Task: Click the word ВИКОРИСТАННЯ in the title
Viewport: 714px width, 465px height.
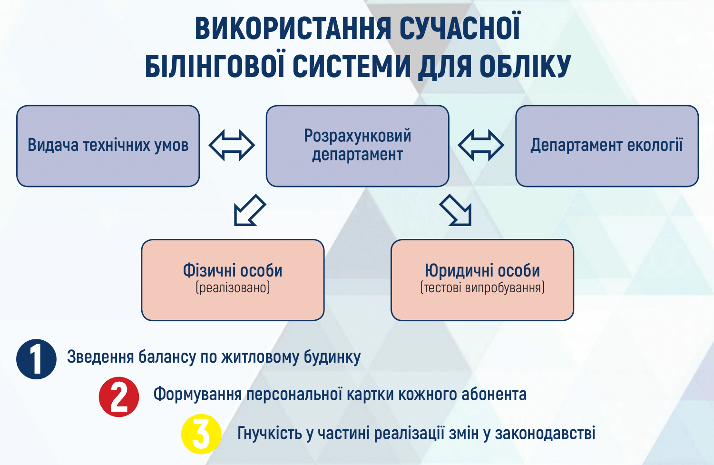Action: tap(293, 29)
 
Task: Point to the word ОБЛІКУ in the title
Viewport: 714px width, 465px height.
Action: tap(525, 66)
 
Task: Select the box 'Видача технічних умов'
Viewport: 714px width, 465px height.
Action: tap(108, 146)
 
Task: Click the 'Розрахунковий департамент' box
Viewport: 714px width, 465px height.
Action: tap(358, 146)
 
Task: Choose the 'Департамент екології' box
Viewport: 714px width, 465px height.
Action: tap(607, 146)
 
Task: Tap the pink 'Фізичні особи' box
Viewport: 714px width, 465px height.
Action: tap(233, 280)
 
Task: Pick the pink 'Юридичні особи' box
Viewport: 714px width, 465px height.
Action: tap(483, 280)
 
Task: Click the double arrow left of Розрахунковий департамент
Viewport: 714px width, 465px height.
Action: tap(232, 145)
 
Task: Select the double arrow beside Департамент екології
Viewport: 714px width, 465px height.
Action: tap(481, 145)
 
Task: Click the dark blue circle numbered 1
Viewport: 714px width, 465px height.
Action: tap(36, 359)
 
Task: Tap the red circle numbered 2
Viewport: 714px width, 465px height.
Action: tap(119, 397)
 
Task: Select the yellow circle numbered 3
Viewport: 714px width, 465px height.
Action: tap(201, 434)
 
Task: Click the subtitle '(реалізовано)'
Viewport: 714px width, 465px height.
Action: tap(233, 287)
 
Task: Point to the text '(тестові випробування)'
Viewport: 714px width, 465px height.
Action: tap(483, 287)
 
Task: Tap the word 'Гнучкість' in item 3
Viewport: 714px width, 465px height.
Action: tap(270, 433)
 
